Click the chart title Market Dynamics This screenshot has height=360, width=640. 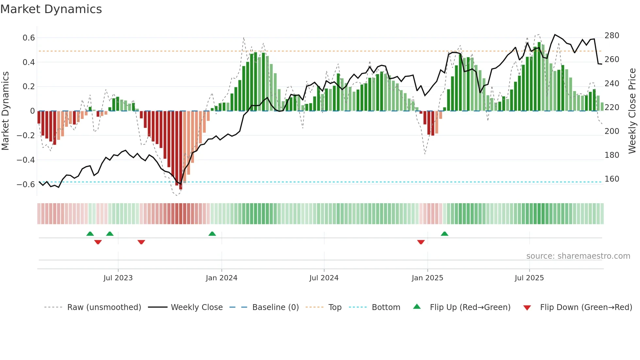pyautogui.click(x=51, y=9)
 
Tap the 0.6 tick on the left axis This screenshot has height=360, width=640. pyautogui.click(x=29, y=38)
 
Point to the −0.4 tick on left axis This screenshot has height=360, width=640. pyautogui.click(x=26, y=160)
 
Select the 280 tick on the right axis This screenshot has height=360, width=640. pyautogui.click(x=612, y=36)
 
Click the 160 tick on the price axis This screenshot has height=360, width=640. pyautogui.click(x=612, y=179)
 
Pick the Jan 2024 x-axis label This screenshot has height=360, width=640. pyautogui.click(x=221, y=278)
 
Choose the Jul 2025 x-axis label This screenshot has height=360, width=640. pyautogui.click(x=529, y=278)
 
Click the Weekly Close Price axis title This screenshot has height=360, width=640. pyautogui.click(x=632, y=111)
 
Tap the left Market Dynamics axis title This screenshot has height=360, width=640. pyautogui.click(x=6, y=111)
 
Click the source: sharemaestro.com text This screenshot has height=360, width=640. pyautogui.click(x=578, y=256)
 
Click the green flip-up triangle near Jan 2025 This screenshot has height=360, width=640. pyautogui.click(x=444, y=234)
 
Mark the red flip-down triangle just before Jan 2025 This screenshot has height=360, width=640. pyautogui.click(x=421, y=242)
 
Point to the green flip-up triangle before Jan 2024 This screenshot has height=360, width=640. pyautogui.click(x=212, y=234)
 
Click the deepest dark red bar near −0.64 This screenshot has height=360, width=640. pyautogui.click(x=181, y=150)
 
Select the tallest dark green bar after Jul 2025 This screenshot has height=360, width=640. pyautogui.click(x=539, y=77)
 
